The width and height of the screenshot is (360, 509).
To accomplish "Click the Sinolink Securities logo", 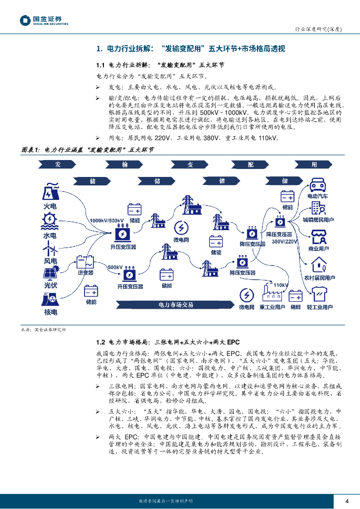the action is (x=44, y=20).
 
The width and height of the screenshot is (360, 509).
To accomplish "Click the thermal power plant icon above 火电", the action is (x=50, y=192).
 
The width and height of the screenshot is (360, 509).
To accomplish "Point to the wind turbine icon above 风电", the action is (x=50, y=247).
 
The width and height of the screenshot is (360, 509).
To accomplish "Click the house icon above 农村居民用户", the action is (x=318, y=264).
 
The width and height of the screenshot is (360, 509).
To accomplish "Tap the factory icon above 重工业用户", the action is (x=271, y=294).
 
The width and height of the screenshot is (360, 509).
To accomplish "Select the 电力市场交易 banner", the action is (x=176, y=304).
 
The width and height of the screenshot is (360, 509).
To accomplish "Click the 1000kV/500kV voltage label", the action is (x=107, y=220).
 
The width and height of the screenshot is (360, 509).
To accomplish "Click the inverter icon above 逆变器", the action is (x=86, y=261).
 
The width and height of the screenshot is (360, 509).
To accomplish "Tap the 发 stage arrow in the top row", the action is (x=58, y=165).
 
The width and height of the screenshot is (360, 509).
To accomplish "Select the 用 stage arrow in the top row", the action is (x=314, y=165).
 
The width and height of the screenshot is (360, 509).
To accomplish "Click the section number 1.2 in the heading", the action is (x=100, y=342).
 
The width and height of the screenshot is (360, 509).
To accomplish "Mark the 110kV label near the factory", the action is (x=281, y=285).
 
